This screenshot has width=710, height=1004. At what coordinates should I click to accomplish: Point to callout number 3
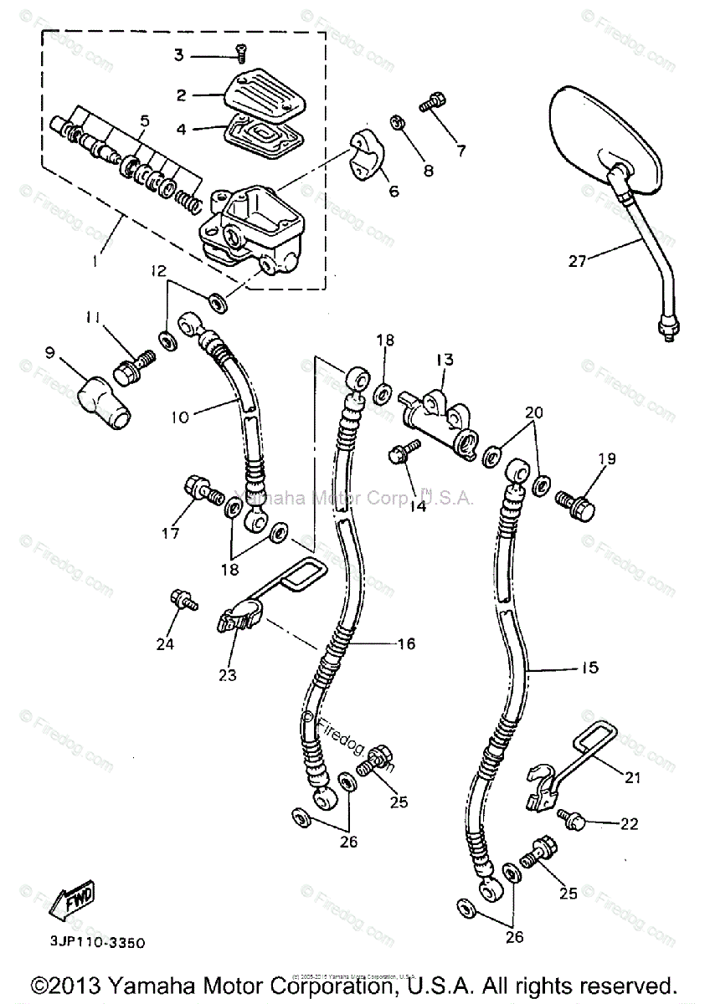click(178, 55)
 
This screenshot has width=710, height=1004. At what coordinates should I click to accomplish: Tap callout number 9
click(51, 354)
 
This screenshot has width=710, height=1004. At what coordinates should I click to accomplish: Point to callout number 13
click(443, 361)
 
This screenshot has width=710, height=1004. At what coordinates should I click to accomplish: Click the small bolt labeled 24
click(182, 598)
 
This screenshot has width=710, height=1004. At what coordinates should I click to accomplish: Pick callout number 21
click(631, 777)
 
